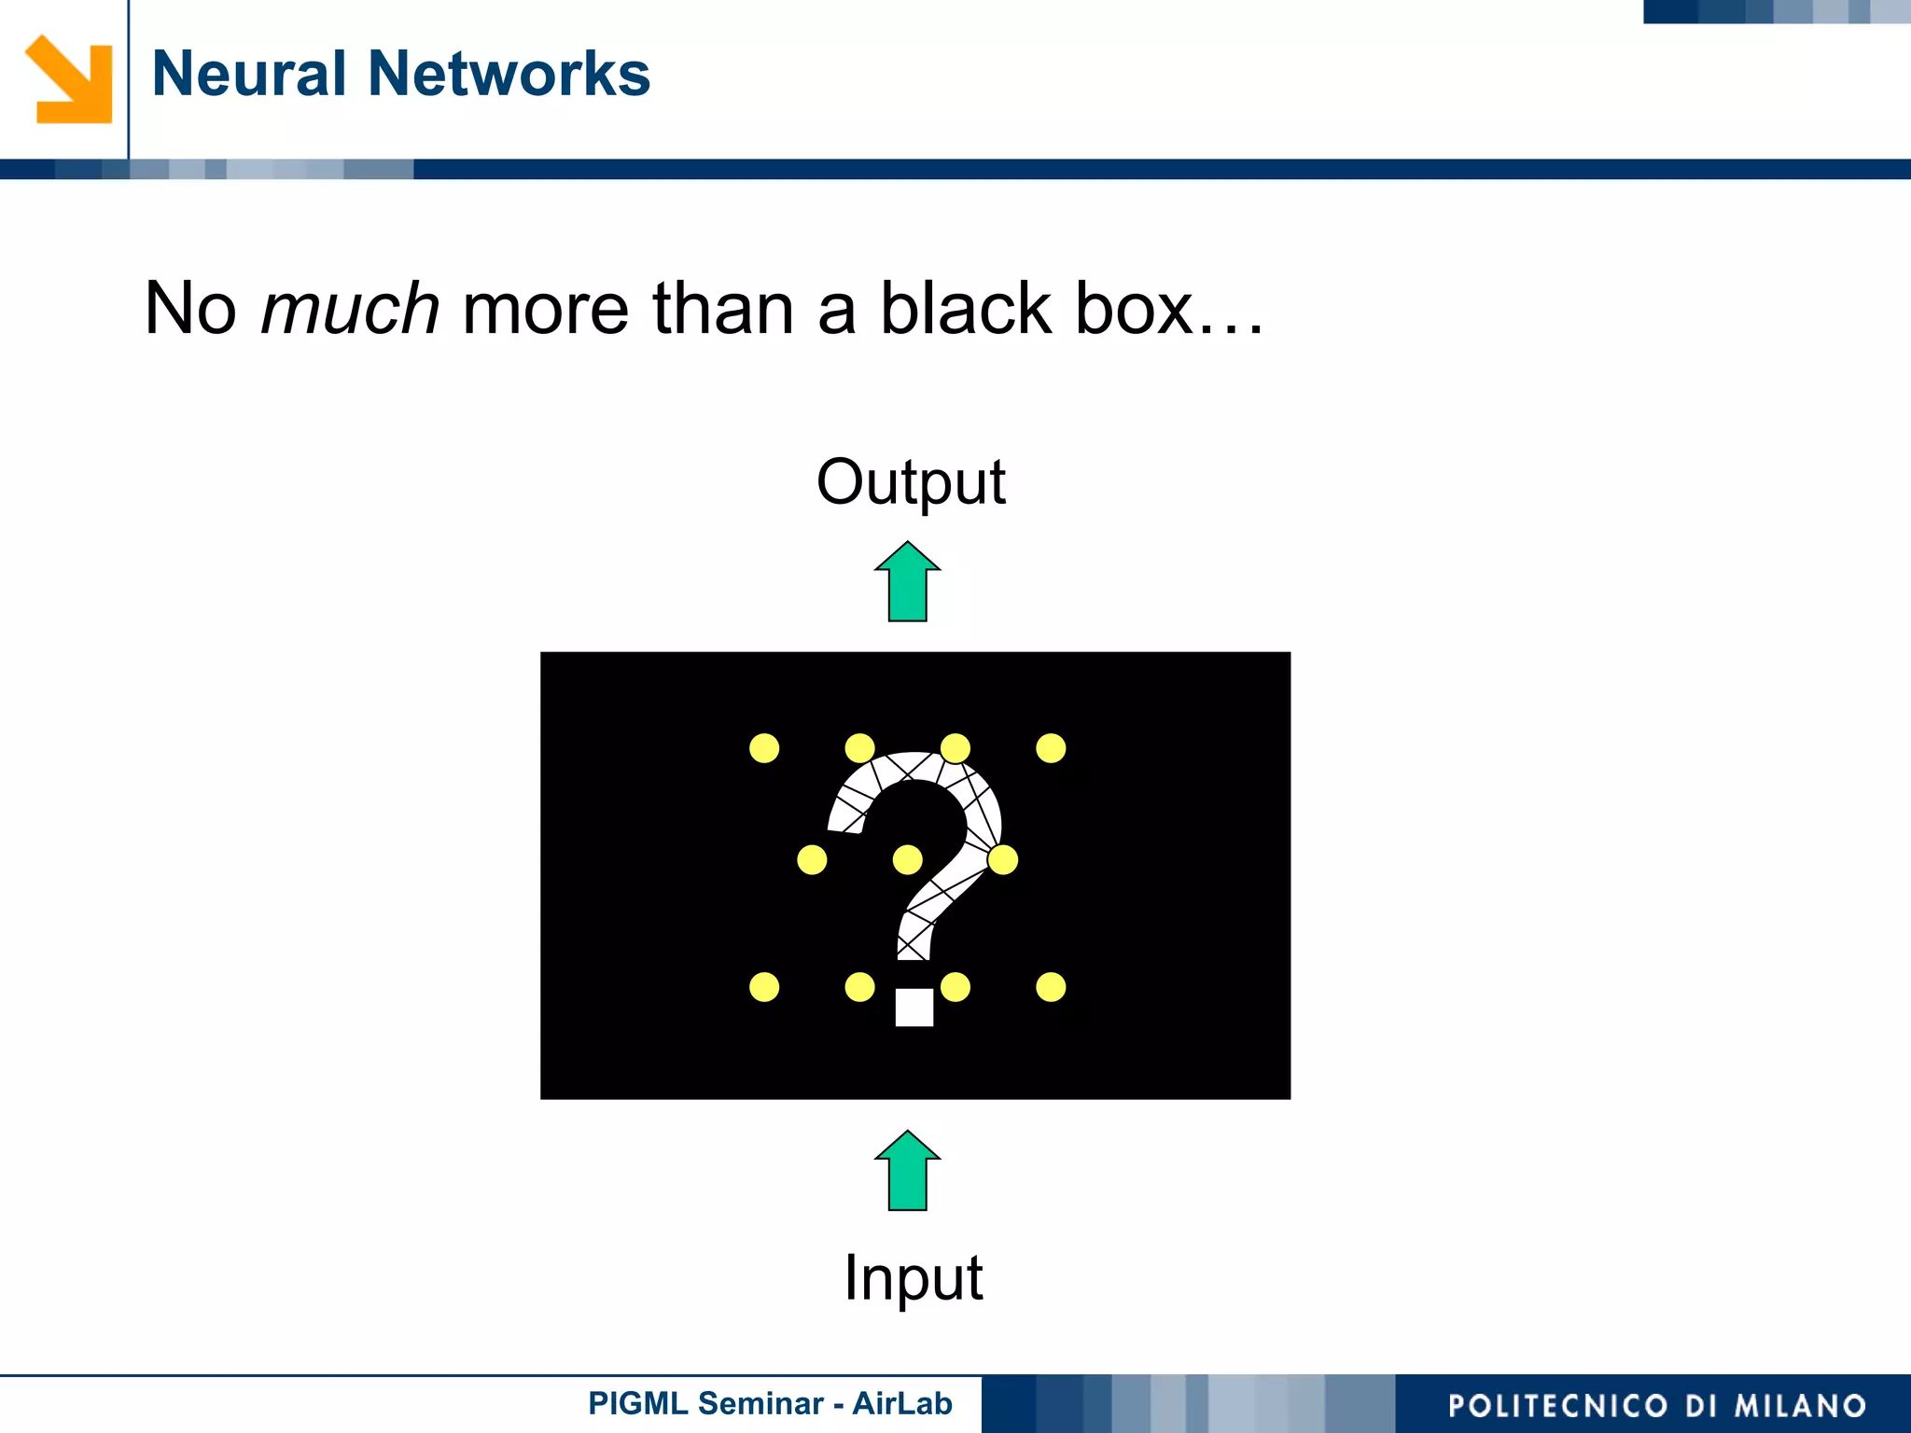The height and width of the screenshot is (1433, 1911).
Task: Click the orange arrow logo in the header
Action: tap(70, 79)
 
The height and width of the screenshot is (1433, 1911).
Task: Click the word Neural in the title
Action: tap(248, 74)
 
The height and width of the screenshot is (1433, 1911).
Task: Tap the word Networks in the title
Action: tap(509, 74)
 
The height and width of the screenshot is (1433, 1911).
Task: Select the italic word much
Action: tap(350, 309)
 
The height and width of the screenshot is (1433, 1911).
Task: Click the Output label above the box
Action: tap(911, 482)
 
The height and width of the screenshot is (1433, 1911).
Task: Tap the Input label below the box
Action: tap(913, 1277)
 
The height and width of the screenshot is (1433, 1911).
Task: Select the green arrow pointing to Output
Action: tap(907, 582)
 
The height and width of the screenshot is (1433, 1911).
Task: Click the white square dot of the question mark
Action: tap(914, 1008)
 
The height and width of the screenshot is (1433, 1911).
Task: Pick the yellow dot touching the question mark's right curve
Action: tap(1003, 859)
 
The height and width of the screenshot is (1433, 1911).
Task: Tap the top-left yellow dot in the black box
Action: tap(764, 748)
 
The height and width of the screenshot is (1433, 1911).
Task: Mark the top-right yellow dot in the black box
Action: tap(1051, 748)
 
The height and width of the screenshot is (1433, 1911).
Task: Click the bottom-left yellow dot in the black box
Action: tap(764, 987)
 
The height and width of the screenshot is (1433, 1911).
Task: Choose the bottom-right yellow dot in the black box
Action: tap(1051, 987)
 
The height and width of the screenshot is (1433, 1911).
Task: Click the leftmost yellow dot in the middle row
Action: tap(812, 859)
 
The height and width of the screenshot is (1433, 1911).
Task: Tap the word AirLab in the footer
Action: tap(901, 1403)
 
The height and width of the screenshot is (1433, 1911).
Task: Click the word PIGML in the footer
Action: tap(637, 1403)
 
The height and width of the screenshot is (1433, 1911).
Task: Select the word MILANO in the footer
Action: tap(1800, 1406)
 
